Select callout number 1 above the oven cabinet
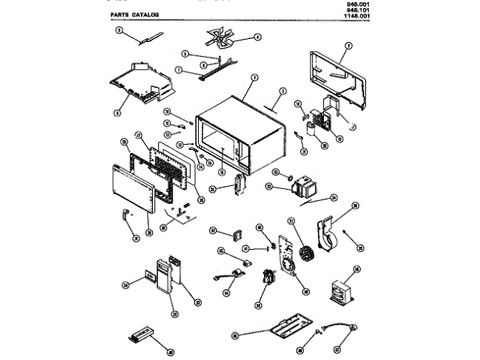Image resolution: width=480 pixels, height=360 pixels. (x=254, y=78)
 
